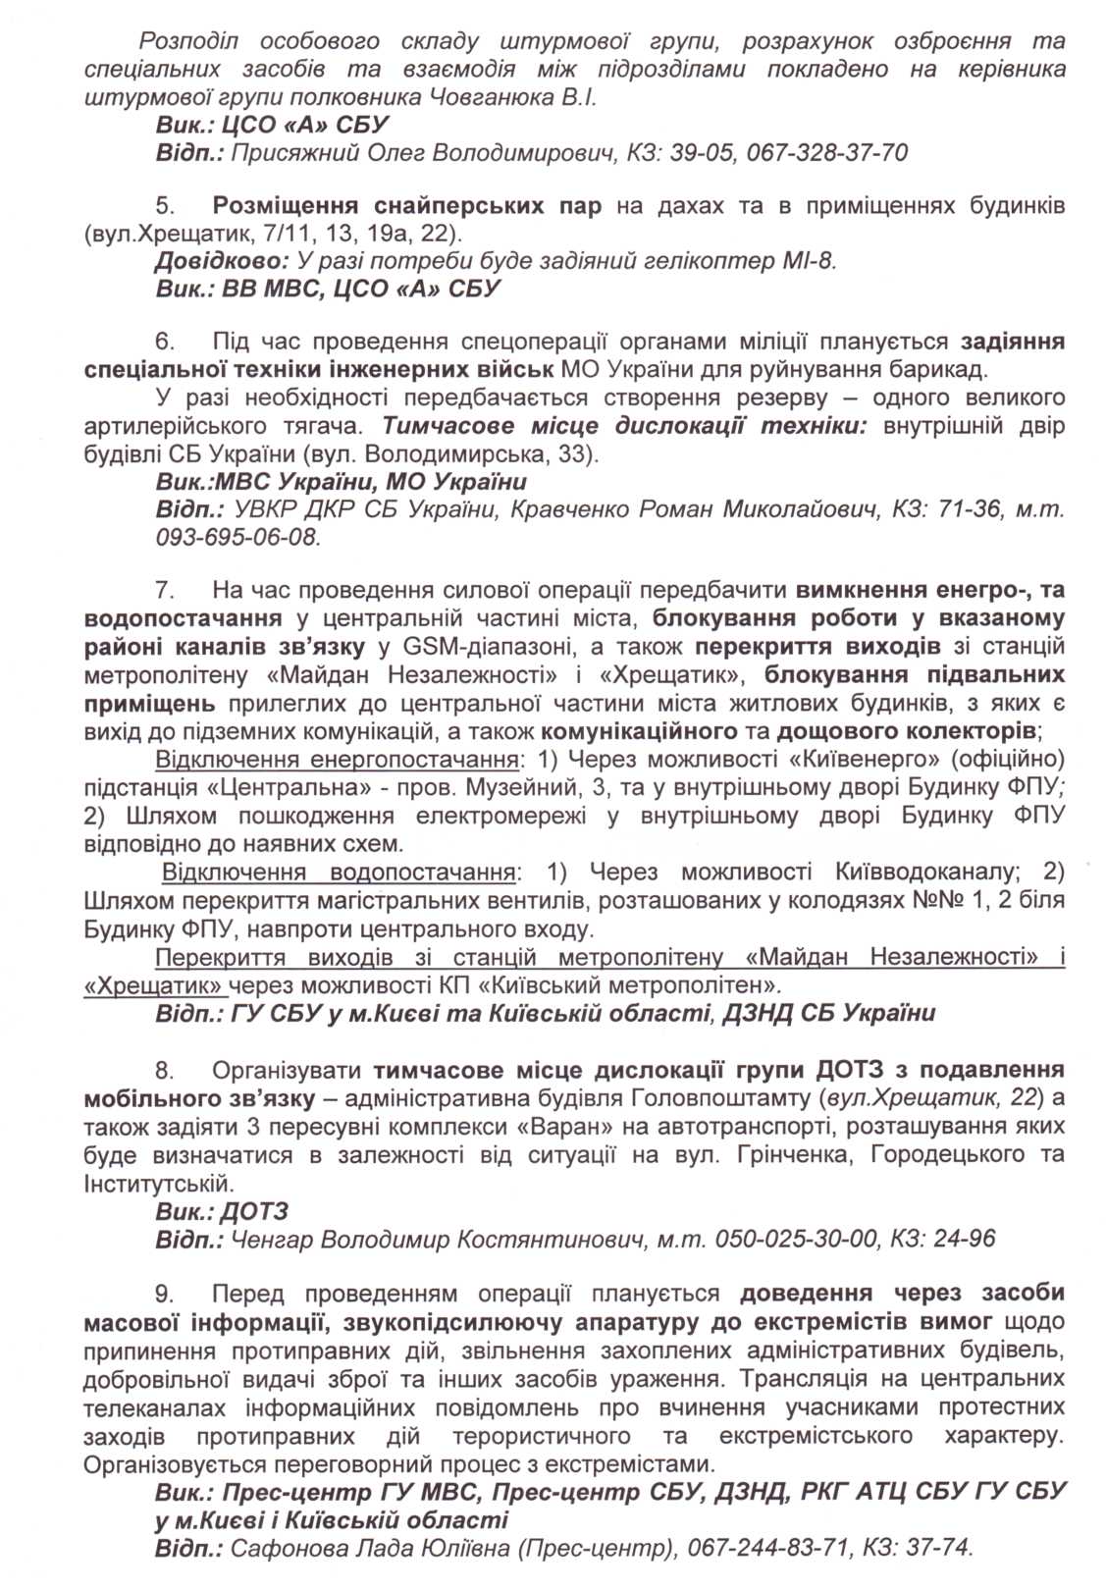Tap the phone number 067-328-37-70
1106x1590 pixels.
[827, 153]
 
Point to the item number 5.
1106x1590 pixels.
[165, 206]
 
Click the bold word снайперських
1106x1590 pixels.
[458, 206]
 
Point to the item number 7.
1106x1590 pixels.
[165, 590]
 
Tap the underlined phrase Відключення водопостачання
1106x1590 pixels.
[339, 873]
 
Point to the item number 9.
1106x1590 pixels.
[165, 1294]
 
